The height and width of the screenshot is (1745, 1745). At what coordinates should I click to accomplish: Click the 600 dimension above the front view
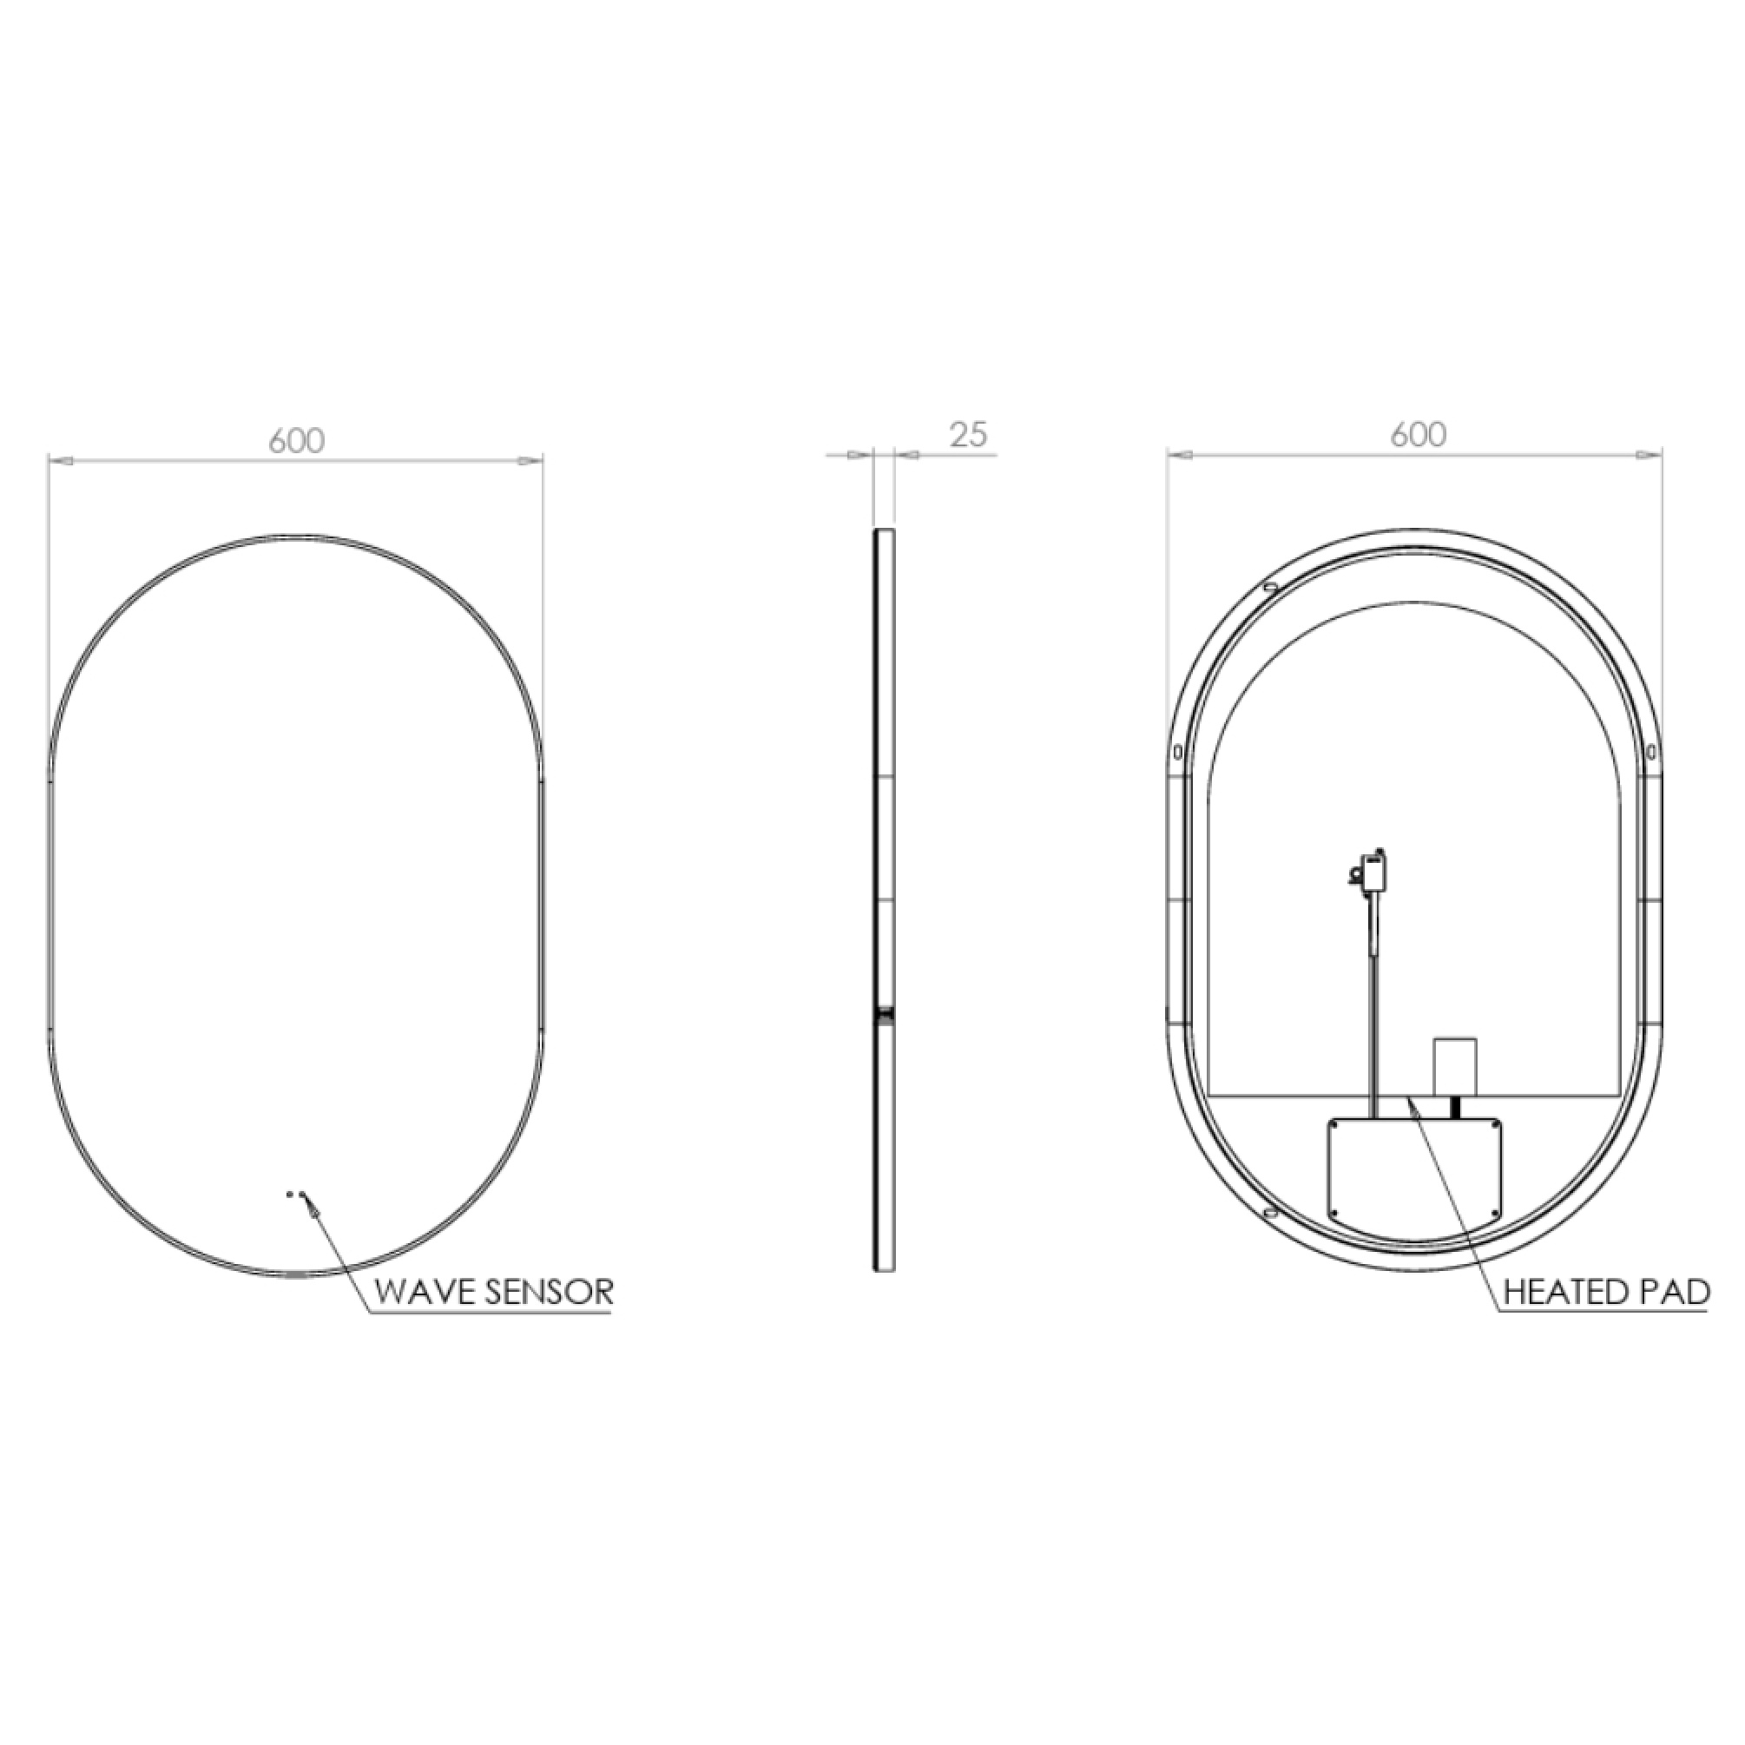coord(296,441)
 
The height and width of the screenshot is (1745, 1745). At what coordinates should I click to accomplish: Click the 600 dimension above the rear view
coord(1418,434)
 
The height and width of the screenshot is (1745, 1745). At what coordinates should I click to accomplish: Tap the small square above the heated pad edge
coord(1455,1066)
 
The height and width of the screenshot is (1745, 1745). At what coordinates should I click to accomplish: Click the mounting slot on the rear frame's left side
coord(1178,752)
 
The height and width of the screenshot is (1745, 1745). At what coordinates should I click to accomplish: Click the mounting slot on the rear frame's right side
coord(1651,752)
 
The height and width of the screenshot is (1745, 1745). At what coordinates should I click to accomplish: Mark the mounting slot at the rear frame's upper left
coord(1271,588)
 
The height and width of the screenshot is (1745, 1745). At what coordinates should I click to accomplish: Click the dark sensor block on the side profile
coord(886,1016)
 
